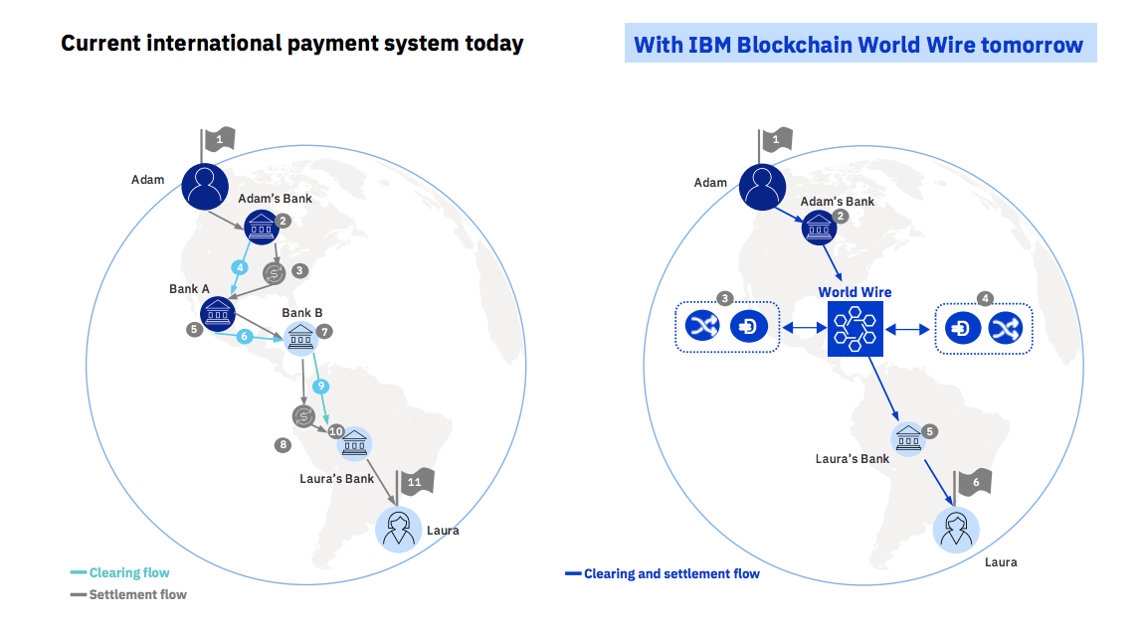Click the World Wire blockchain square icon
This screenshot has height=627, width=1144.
[856, 329]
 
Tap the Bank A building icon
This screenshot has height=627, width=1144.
[218, 314]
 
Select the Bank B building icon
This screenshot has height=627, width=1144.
[300, 338]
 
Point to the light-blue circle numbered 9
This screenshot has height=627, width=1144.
[320, 386]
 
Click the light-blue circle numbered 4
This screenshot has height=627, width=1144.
[240, 267]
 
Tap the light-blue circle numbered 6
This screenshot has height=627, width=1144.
[245, 336]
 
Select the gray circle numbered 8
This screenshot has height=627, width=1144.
[284, 445]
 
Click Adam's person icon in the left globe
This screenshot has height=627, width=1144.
[205, 187]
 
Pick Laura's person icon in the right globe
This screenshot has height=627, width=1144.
[957, 530]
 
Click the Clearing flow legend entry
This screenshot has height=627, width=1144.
[119, 573]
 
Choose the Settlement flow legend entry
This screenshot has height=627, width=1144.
[128, 595]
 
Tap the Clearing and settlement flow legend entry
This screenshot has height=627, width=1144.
[663, 573]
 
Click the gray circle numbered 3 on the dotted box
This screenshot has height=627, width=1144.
[724, 298]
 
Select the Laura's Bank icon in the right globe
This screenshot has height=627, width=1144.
[908, 439]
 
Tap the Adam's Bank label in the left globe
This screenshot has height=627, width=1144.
[275, 199]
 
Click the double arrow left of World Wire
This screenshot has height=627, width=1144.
[803, 329]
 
